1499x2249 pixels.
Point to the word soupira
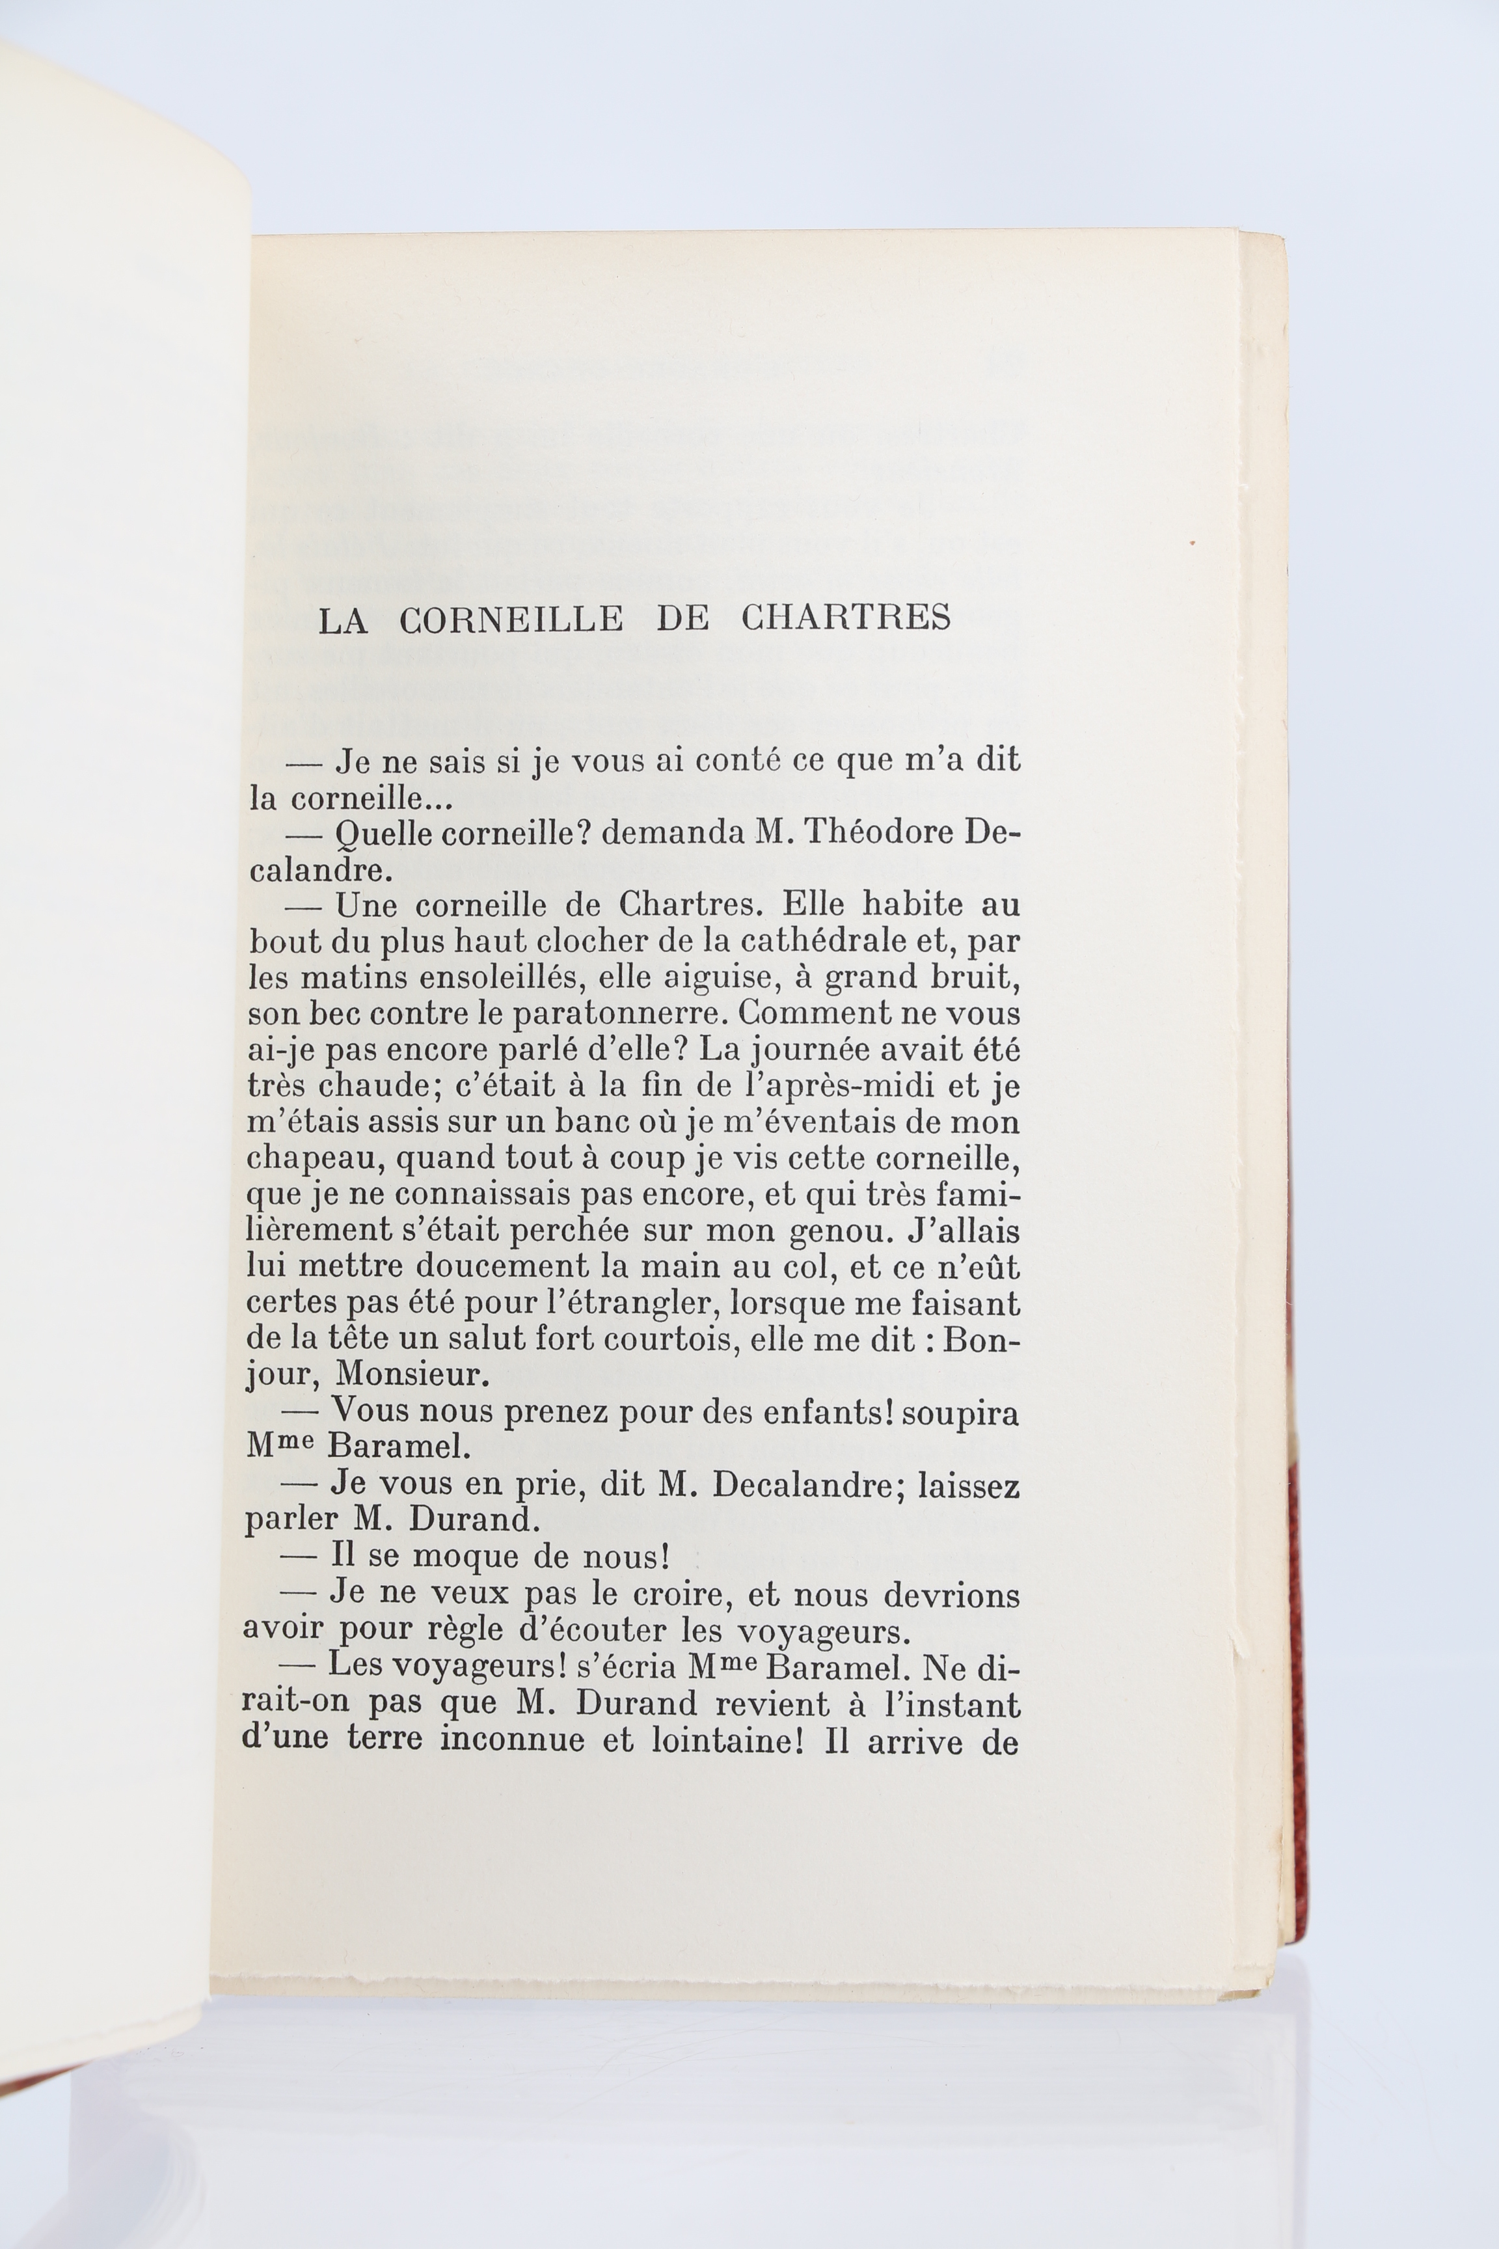click(961, 1414)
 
